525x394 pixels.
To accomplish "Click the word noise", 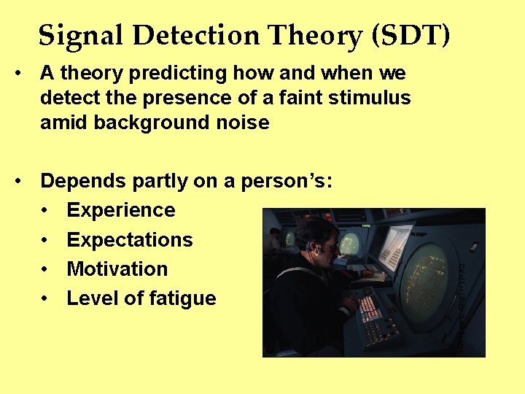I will click(243, 123).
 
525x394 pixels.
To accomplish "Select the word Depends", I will click(81, 181).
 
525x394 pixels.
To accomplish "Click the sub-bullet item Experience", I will click(121, 210).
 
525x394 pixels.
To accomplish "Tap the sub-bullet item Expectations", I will click(130, 240).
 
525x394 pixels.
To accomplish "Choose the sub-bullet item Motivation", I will click(117, 269).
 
